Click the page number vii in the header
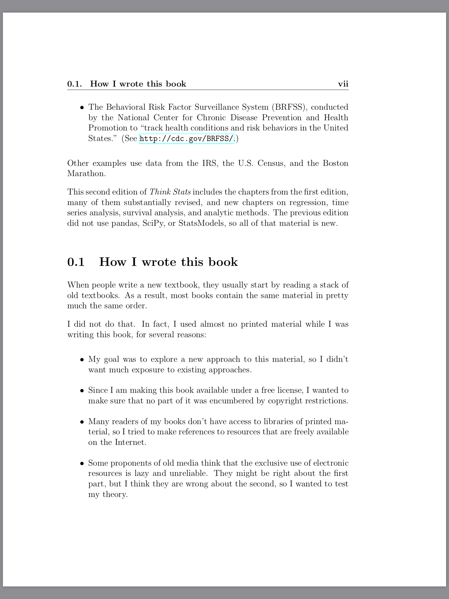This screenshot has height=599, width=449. (343, 84)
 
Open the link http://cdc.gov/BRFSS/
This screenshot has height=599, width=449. (186, 138)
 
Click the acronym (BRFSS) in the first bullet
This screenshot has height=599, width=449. (289, 107)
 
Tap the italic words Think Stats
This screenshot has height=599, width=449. (170, 192)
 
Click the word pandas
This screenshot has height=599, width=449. (125, 223)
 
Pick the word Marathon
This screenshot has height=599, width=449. (86, 173)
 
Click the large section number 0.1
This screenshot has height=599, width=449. (76, 262)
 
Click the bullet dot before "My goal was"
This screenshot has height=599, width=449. (82, 359)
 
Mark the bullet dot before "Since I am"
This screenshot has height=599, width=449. (82, 391)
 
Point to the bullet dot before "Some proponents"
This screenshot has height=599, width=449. (82, 463)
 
